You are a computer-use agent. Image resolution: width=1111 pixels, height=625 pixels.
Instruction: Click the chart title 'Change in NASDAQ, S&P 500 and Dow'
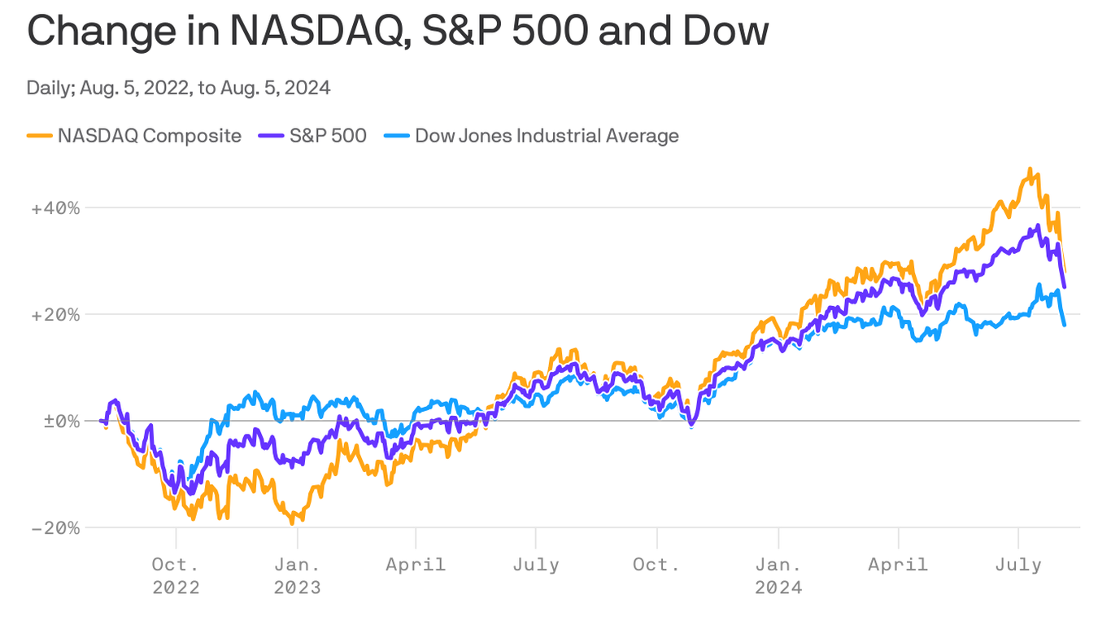398,32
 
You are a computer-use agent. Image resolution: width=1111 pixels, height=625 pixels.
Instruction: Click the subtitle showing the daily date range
178,88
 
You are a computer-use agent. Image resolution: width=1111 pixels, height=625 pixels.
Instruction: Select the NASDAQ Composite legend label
149,135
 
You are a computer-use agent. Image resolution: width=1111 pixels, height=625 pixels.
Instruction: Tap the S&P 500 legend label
328,135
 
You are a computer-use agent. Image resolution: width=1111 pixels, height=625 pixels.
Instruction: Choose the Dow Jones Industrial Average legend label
547,135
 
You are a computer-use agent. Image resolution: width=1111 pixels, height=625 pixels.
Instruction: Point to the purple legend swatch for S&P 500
271,136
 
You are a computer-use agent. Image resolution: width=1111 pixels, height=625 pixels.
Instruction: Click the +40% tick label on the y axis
55,208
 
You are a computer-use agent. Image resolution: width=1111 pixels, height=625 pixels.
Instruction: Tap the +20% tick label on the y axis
55,314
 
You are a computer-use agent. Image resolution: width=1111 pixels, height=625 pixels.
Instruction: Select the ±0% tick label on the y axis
55,421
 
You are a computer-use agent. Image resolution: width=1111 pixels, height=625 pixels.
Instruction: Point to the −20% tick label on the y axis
55,527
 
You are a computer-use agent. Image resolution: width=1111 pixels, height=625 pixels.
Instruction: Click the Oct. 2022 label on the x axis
176,575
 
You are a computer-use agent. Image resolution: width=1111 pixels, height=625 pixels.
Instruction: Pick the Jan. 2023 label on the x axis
297,575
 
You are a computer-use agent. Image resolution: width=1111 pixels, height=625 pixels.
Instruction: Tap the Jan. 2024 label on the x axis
778,575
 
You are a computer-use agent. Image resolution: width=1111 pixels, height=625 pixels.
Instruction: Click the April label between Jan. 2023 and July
416,564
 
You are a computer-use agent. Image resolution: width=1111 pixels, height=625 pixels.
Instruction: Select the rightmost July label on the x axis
1018,564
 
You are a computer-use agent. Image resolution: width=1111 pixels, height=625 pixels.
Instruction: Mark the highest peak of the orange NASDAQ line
1030,169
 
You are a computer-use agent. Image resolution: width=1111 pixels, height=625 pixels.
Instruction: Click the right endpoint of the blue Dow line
1065,326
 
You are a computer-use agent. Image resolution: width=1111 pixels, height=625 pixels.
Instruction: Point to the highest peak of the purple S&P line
1038,226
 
